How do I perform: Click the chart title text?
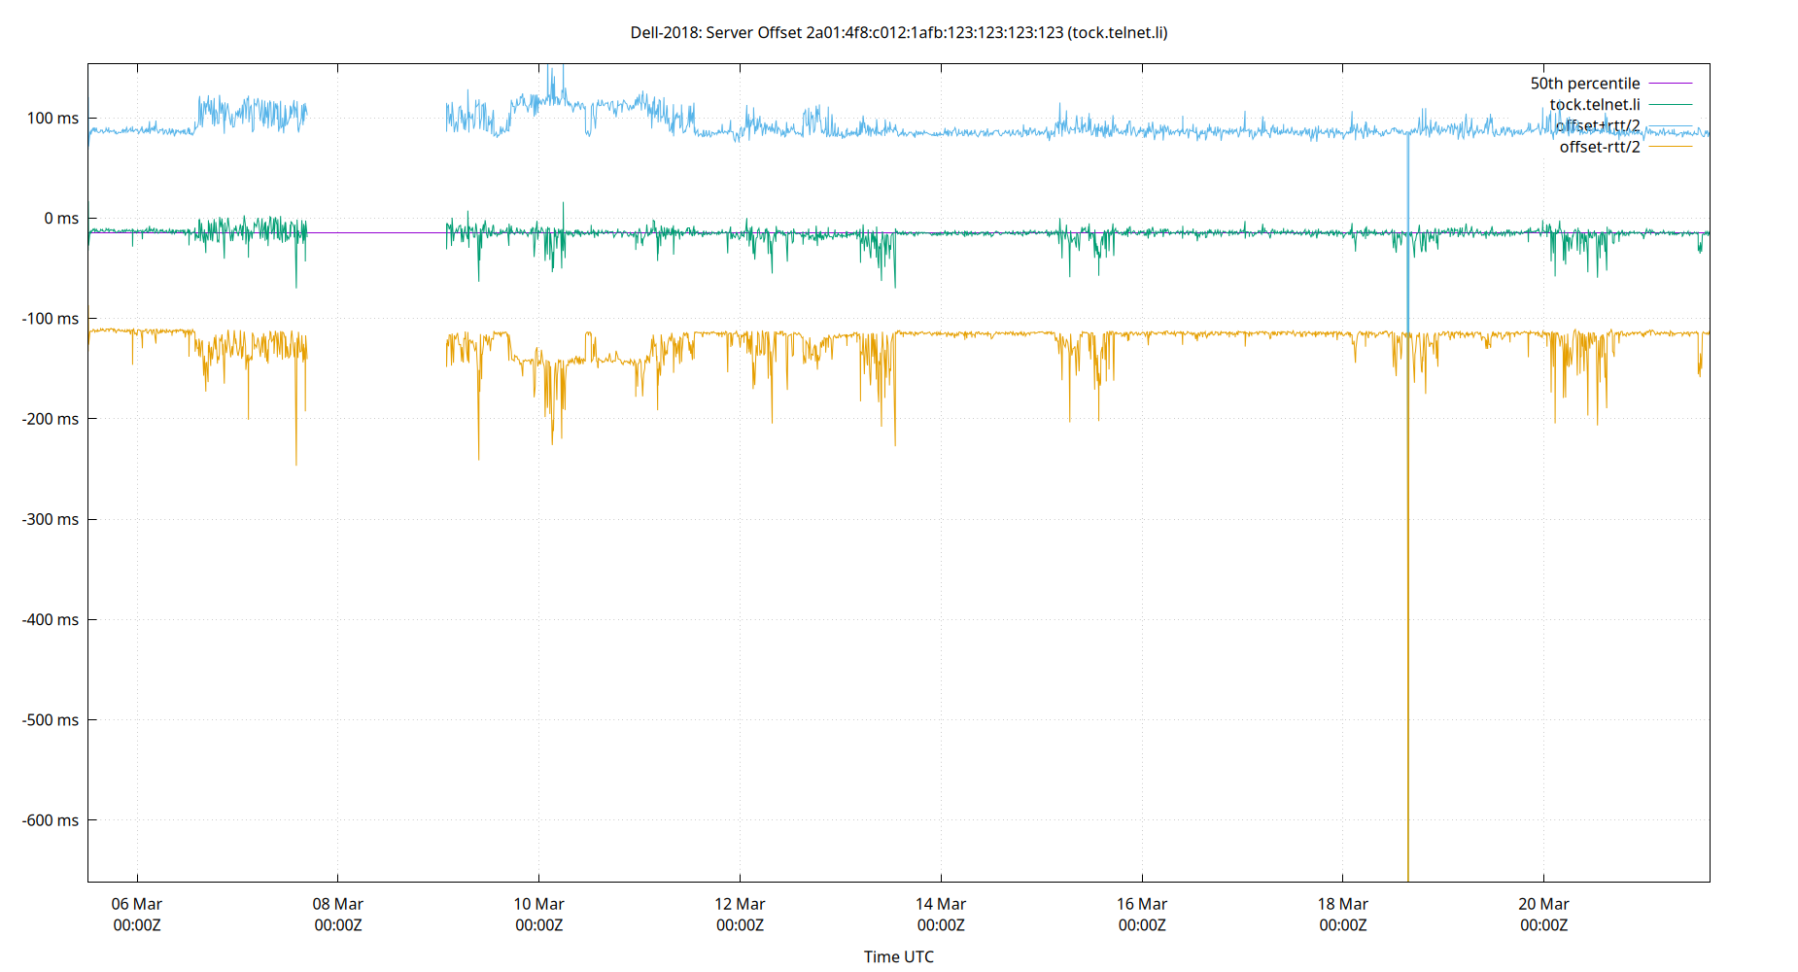pyautogui.click(x=898, y=32)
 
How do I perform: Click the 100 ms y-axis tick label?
pyautogui.click(x=52, y=118)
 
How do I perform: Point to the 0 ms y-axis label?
pyautogui.click(x=60, y=218)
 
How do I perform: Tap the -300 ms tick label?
pyautogui.click(x=50, y=519)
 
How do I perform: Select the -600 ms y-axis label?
pyautogui.click(x=50, y=820)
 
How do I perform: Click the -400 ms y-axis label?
pyautogui.click(x=50, y=619)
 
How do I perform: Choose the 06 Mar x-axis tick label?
pyautogui.click(x=137, y=914)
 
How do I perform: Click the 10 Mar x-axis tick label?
pyautogui.click(x=538, y=914)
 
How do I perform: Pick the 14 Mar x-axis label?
pyautogui.click(x=941, y=914)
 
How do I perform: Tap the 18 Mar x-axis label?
pyautogui.click(x=1342, y=914)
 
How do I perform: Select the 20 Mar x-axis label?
pyautogui.click(x=1543, y=914)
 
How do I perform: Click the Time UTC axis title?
pyautogui.click(x=898, y=956)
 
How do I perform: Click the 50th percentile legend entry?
pyautogui.click(x=1584, y=84)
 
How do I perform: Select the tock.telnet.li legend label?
pyautogui.click(x=1594, y=104)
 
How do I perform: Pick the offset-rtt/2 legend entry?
pyautogui.click(x=1599, y=147)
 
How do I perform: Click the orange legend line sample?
pyautogui.click(x=1670, y=147)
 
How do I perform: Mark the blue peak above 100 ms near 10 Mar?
pyautogui.click(x=552, y=78)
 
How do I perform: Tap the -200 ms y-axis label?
pyautogui.click(x=50, y=419)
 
